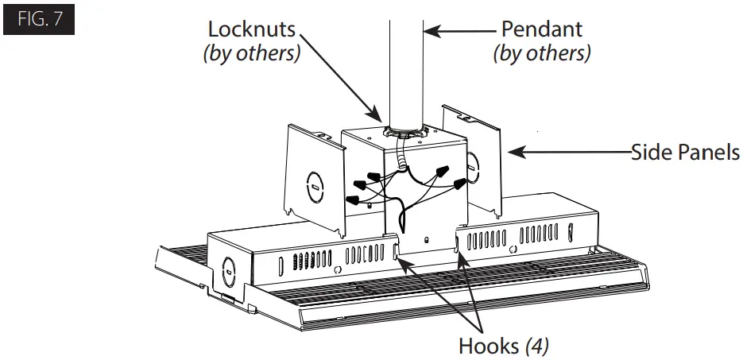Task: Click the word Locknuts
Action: click(x=251, y=29)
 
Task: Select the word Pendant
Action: click(x=541, y=29)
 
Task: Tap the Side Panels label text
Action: click(x=686, y=151)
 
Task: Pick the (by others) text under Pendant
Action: click(x=541, y=54)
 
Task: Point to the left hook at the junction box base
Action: click(x=395, y=253)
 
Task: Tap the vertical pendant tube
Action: click(x=406, y=64)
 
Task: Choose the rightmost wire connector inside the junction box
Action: click(x=460, y=184)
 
